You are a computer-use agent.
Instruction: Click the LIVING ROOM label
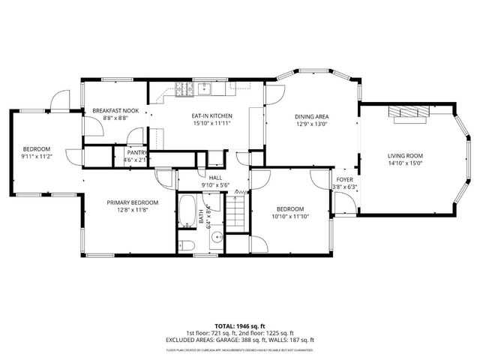405,155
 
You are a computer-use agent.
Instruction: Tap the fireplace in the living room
407,112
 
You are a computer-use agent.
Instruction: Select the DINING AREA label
311,116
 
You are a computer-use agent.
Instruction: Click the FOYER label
344,180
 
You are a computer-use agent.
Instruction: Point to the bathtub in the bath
187,212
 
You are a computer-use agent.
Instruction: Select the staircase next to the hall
236,214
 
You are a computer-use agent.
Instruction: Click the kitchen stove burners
184,88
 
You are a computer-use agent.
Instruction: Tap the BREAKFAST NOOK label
110,110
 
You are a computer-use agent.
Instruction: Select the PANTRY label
136,152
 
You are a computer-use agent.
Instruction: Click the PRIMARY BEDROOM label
132,202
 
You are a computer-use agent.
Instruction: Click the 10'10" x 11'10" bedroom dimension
289,216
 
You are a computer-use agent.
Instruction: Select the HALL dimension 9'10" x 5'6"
214,184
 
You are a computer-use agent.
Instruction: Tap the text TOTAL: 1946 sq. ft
240,326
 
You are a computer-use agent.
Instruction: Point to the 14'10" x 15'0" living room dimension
405,163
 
